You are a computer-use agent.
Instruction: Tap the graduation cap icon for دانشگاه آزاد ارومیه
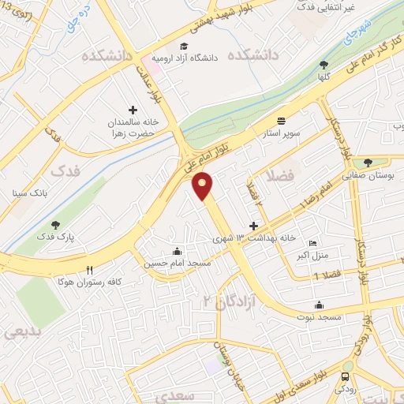tap(184, 47)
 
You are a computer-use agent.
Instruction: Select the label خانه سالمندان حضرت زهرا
tap(133, 128)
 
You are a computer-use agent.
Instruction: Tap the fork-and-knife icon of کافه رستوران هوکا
tap(90, 269)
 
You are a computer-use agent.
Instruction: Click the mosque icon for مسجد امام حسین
tap(175, 252)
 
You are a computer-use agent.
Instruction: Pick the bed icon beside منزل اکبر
tap(312, 243)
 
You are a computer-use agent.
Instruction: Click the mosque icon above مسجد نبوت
tap(319, 305)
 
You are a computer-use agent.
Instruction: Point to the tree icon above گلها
tap(324, 65)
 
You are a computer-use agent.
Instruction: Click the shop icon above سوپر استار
tap(282, 121)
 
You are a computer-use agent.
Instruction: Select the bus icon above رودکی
tap(347, 376)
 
